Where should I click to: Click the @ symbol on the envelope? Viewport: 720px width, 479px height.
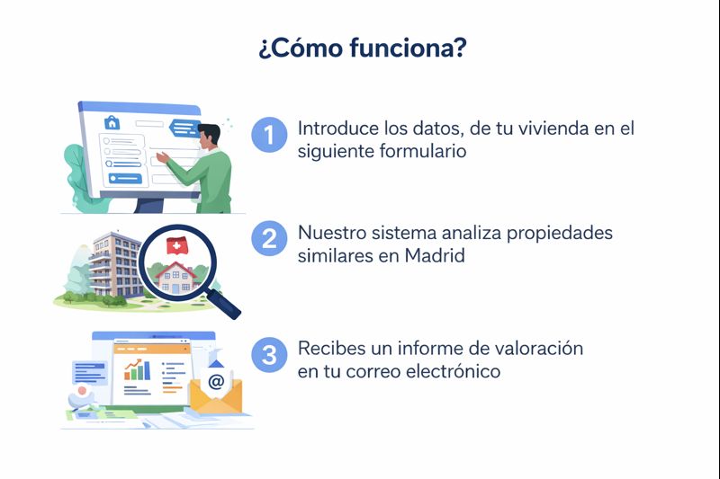216,381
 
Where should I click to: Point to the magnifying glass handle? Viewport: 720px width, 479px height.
227,303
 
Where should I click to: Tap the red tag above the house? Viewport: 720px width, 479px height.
178,245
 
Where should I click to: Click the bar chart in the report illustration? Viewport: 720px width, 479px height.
138,369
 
